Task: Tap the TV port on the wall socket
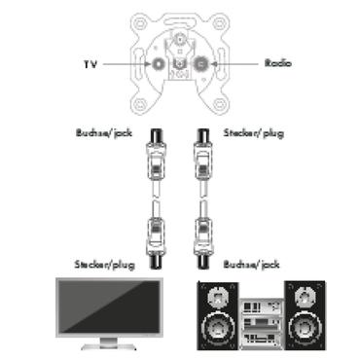(x=158, y=65)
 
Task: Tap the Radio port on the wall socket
(x=200, y=65)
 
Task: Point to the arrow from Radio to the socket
(x=234, y=64)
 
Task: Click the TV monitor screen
(x=108, y=308)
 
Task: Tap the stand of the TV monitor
(x=108, y=343)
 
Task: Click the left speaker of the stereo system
(x=218, y=315)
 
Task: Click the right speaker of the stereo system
(x=304, y=315)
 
